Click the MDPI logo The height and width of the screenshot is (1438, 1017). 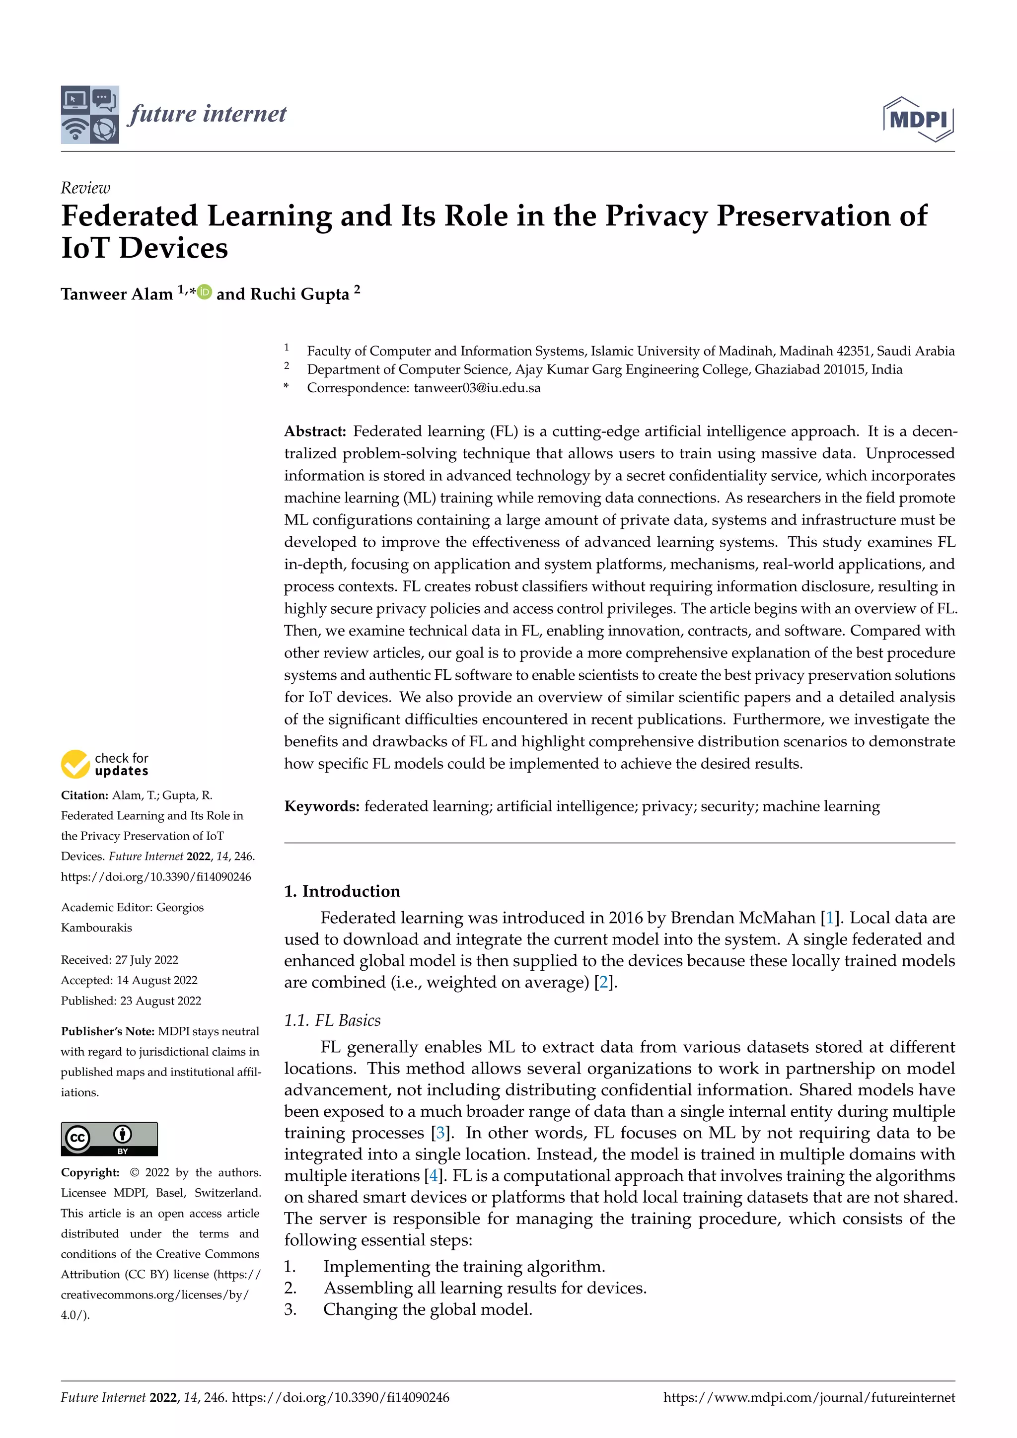pyautogui.click(x=918, y=119)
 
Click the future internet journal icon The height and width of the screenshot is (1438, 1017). pyautogui.click(x=89, y=115)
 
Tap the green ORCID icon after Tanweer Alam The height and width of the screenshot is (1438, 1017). pyautogui.click(x=205, y=292)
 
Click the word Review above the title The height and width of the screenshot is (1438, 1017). pyautogui.click(x=85, y=188)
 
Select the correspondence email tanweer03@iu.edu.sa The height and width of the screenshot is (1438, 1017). pyautogui.click(x=477, y=388)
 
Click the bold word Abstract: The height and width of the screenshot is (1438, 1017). pyautogui.click(x=315, y=431)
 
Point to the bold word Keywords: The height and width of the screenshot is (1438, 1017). pyautogui.click(x=322, y=806)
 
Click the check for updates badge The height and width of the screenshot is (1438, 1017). pyautogui.click(x=105, y=764)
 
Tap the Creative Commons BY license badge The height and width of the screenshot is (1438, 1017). pyautogui.click(x=109, y=1139)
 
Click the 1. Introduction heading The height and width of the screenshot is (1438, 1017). pyautogui.click(x=342, y=891)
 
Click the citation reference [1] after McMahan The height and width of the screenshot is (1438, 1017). pyautogui.click(x=830, y=918)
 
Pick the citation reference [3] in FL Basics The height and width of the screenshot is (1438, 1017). pyautogui.click(x=441, y=1133)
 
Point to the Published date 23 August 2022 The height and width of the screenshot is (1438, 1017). pyautogui.click(x=160, y=1001)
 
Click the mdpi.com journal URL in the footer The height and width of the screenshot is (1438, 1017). pyautogui.click(x=809, y=1397)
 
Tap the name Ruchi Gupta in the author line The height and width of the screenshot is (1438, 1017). pyautogui.click(x=299, y=294)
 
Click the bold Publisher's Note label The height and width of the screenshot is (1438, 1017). pyautogui.click(x=107, y=1031)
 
